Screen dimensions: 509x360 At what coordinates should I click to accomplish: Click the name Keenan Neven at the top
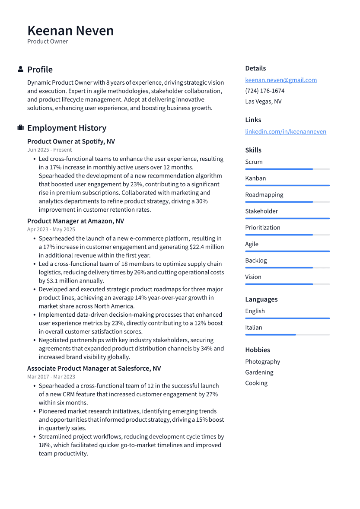(x=70, y=31)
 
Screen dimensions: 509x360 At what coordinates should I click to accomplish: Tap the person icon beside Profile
(x=20, y=69)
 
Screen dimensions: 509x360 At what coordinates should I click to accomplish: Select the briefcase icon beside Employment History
(x=20, y=128)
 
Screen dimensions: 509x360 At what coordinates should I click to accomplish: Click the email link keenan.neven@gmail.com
(x=281, y=80)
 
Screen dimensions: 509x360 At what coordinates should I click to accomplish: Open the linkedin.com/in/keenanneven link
(x=286, y=131)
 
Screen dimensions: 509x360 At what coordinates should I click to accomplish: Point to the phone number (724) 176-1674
(x=264, y=91)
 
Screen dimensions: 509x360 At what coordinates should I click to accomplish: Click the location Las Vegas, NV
(x=263, y=102)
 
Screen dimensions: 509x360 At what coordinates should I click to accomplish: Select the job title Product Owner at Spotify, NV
(x=71, y=141)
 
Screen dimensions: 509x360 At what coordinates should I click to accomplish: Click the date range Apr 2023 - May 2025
(x=51, y=229)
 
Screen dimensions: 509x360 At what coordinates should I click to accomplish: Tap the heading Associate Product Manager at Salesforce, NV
(x=94, y=369)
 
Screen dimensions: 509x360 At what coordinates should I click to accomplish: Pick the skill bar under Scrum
(x=287, y=169)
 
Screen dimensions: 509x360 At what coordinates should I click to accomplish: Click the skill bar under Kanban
(x=287, y=185)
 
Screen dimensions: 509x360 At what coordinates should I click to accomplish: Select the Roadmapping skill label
(x=264, y=195)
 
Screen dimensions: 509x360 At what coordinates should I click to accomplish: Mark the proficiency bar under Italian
(x=287, y=334)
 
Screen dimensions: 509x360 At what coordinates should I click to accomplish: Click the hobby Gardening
(x=259, y=372)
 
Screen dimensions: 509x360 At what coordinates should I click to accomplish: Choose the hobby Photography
(x=262, y=362)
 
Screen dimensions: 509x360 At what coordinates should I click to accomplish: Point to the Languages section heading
(x=261, y=299)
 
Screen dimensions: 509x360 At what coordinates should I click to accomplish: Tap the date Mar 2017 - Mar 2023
(x=51, y=377)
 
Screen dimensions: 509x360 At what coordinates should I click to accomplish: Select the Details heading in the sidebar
(x=255, y=68)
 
